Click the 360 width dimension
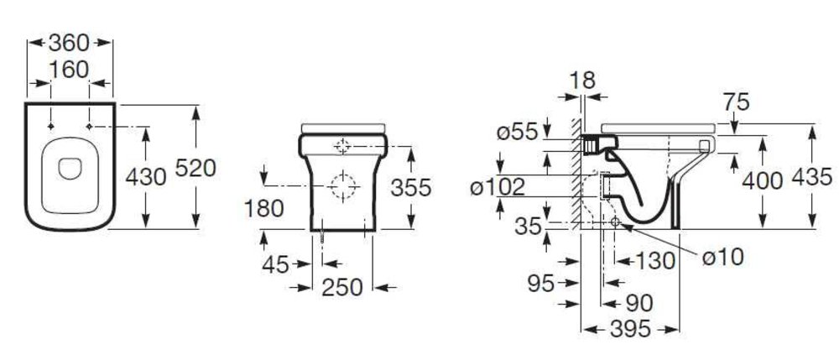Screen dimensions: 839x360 pyautogui.click(x=69, y=43)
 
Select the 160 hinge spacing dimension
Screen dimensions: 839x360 pyautogui.click(x=69, y=70)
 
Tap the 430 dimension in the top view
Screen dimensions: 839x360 pyautogui.click(x=146, y=176)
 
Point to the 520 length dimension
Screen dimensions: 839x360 pyautogui.click(x=195, y=168)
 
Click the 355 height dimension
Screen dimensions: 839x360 pyautogui.click(x=411, y=187)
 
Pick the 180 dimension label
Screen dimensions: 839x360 pyautogui.click(x=263, y=209)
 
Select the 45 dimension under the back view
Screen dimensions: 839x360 pyautogui.click(x=275, y=264)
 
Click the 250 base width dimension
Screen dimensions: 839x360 pyautogui.click(x=342, y=288)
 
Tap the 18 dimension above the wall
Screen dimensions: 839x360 pyautogui.click(x=582, y=81)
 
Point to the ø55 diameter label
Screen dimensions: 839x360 pyautogui.click(x=517, y=132)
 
